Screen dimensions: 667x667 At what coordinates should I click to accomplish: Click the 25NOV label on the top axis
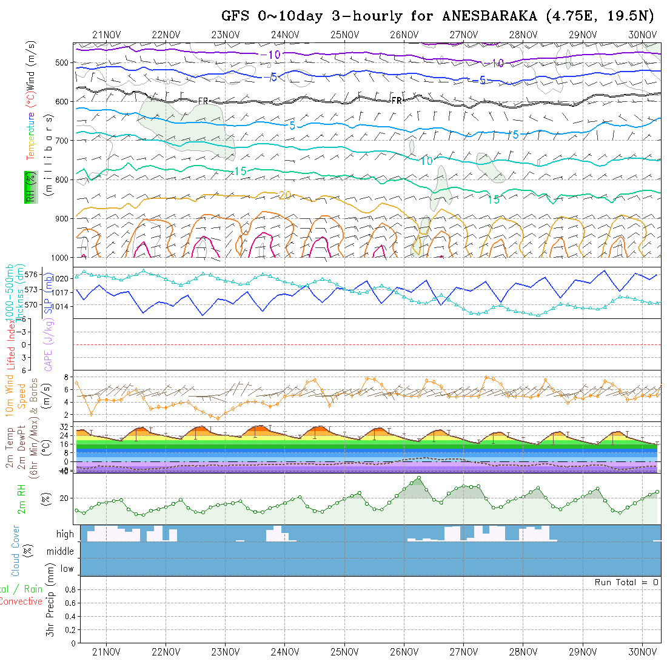tap(345, 35)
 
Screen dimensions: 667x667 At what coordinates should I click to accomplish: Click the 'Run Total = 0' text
tap(626, 582)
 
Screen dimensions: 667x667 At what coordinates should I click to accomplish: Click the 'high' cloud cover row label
tap(65, 534)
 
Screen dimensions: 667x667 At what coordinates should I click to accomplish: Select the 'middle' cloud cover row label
tap(61, 552)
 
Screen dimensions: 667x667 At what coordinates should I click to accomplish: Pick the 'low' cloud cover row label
tap(67, 569)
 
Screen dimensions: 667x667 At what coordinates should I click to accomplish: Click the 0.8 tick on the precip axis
tap(69, 589)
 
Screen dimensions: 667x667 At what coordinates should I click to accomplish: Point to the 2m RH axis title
tap(22, 498)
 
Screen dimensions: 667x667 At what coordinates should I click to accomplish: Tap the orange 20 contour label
tap(285, 195)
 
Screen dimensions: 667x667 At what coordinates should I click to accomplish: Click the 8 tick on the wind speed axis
tap(69, 377)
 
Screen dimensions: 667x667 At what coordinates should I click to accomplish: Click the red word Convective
tap(21, 602)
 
